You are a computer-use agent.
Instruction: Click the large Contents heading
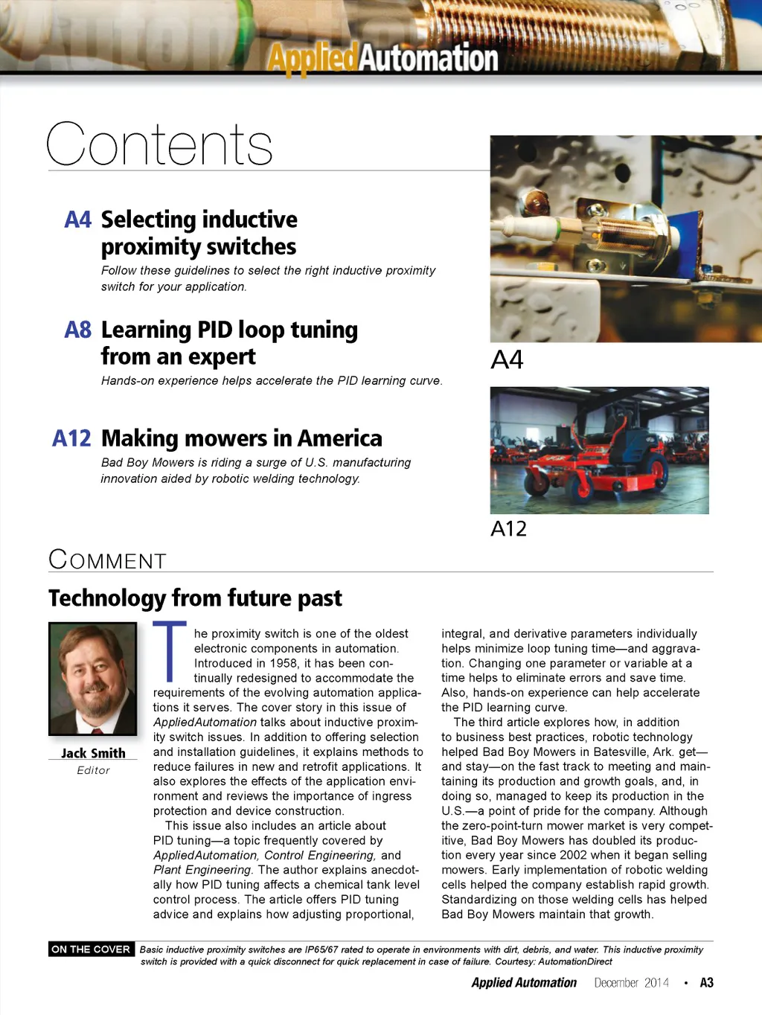(x=160, y=144)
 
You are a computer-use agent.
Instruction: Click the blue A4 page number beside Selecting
(x=77, y=220)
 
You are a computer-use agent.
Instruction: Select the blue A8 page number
(x=77, y=330)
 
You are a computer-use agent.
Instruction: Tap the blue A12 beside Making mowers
(x=71, y=438)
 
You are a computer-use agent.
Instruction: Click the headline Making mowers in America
(x=241, y=438)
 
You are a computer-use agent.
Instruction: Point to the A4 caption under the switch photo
(x=507, y=360)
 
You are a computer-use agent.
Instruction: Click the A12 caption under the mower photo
(x=509, y=529)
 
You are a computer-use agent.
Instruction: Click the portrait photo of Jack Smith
(x=93, y=679)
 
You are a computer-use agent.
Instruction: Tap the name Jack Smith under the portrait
(x=93, y=753)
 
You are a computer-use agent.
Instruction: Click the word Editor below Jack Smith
(x=93, y=770)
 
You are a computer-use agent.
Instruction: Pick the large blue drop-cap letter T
(x=170, y=651)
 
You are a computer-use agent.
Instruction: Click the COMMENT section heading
(x=107, y=560)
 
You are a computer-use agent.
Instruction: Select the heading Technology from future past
(x=195, y=598)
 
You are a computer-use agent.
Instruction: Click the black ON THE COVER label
(x=91, y=950)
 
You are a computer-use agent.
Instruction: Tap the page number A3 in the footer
(x=706, y=983)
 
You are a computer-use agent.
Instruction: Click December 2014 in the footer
(x=631, y=983)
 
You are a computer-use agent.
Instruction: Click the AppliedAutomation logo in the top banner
(x=382, y=58)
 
